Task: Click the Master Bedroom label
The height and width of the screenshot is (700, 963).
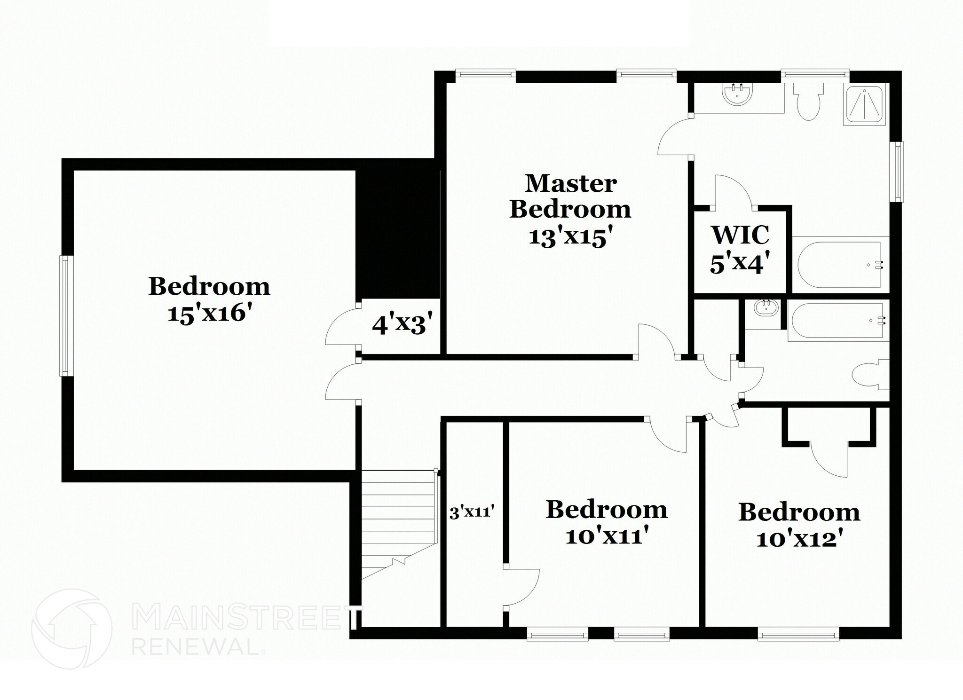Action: pyautogui.click(x=570, y=196)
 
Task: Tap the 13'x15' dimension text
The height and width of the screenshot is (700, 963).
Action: pyautogui.click(x=572, y=237)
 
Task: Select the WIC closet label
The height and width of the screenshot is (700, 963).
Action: pyautogui.click(x=741, y=235)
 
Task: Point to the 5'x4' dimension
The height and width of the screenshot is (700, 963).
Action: pyautogui.click(x=740, y=263)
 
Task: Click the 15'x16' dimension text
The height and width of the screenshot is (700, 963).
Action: pyautogui.click(x=207, y=312)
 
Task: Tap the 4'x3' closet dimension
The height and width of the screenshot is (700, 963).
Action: pyautogui.click(x=402, y=324)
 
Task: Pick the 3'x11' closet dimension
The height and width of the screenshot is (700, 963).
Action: pyautogui.click(x=472, y=511)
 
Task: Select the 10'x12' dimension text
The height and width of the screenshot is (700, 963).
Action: pyautogui.click(x=799, y=539)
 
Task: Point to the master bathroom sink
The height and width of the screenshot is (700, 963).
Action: pyautogui.click(x=737, y=94)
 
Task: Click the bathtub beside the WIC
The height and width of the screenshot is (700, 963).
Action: pyautogui.click(x=838, y=265)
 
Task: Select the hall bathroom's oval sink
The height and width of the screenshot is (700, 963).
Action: pyautogui.click(x=766, y=308)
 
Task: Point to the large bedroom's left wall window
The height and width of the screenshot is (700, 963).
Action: pyautogui.click(x=66, y=315)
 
